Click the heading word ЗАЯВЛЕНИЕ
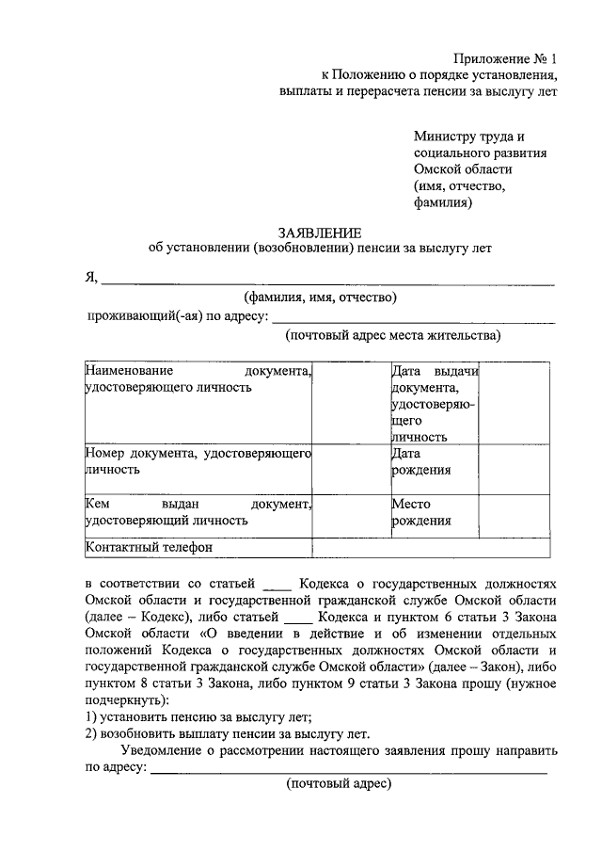[x=319, y=232]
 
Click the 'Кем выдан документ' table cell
[x=198, y=511]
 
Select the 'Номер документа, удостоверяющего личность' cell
[x=198, y=462]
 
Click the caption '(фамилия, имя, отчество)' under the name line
[x=320, y=298]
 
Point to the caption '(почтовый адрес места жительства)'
[x=393, y=335]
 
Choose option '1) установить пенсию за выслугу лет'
[x=192, y=717]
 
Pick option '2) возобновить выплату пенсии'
[x=227, y=734]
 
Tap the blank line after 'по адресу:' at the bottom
[x=348, y=770]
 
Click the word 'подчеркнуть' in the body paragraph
[x=124, y=700]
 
